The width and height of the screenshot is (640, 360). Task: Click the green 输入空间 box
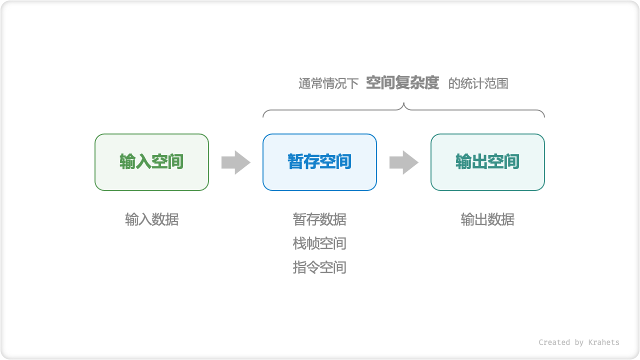point(151,162)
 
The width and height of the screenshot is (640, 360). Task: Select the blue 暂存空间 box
point(319,162)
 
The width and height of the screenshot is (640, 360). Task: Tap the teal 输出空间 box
point(487,162)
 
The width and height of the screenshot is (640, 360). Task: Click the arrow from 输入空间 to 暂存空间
point(235,162)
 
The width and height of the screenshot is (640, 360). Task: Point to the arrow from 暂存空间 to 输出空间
point(403,162)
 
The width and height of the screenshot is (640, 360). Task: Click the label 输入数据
point(151,219)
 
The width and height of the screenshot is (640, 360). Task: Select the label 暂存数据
point(319,219)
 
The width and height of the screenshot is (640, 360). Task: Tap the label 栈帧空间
point(319,243)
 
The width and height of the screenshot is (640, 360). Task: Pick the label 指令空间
point(319,267)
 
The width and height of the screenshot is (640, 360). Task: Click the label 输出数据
point(487,219)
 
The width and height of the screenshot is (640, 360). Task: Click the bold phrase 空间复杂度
point(402,82)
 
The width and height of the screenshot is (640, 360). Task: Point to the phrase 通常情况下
point(328,83)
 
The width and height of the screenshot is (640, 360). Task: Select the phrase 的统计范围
point(478,83)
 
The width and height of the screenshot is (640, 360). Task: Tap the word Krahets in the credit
point(603,342)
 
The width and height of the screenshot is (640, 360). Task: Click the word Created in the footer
point(554,342)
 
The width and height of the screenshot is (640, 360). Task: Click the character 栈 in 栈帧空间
point(299,243)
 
